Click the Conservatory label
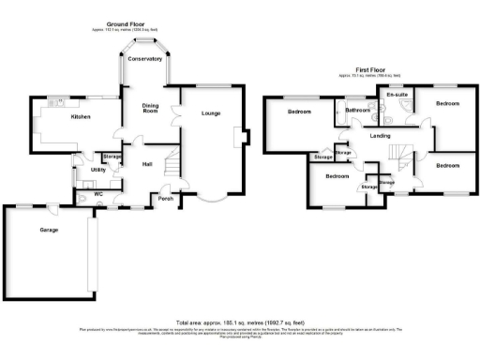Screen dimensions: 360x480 tap(146, 60)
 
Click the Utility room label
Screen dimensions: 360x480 tap(98, 170)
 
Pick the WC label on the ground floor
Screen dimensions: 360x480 tap(98, 194)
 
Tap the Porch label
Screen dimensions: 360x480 tap(166, 198)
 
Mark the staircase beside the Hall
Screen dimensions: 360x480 tap(170, 169)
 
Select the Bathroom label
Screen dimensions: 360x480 tap(358, 111)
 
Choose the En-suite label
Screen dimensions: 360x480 tap(395, 95)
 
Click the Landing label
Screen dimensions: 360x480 tap(380, 136)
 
